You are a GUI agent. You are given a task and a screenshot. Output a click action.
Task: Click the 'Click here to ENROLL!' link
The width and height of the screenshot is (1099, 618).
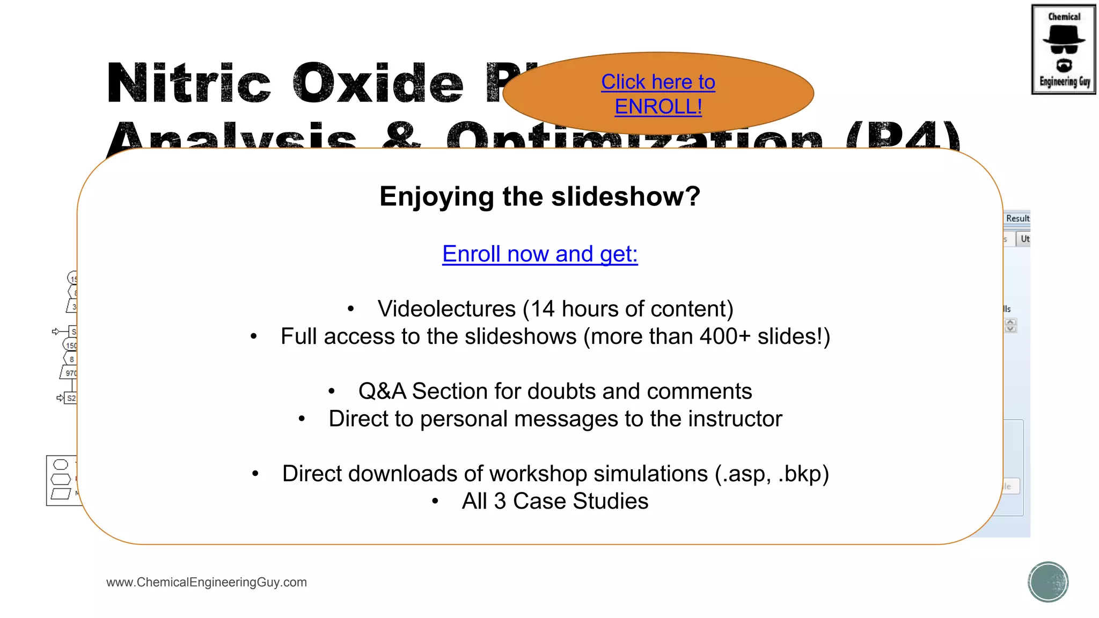658,94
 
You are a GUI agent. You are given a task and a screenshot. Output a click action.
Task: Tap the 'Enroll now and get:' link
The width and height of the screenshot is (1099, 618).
540,254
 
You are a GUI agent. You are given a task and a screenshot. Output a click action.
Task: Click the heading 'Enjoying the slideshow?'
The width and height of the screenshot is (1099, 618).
540,196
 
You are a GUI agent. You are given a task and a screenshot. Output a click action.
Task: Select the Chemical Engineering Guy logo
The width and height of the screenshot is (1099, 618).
1064,49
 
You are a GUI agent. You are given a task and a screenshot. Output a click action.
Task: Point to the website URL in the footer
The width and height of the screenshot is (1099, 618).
207,582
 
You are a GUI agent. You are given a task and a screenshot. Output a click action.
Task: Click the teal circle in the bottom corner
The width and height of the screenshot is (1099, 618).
1048,582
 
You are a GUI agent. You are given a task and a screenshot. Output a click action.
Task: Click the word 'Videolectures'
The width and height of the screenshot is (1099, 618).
446,309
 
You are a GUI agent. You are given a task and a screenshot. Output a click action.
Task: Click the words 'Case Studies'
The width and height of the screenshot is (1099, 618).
581,501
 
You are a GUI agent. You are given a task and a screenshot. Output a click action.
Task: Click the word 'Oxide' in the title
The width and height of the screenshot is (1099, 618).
378,84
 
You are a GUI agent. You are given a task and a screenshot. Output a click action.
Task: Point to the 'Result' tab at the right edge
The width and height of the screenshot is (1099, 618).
1017,218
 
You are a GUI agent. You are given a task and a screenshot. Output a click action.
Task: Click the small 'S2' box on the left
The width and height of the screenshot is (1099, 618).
71,398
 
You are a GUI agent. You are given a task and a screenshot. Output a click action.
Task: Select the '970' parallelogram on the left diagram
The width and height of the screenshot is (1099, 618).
69,373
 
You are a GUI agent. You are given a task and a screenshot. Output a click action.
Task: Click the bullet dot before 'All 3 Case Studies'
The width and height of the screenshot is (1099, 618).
435,502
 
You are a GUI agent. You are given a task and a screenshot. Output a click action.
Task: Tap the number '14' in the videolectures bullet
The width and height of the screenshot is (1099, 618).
542,309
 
